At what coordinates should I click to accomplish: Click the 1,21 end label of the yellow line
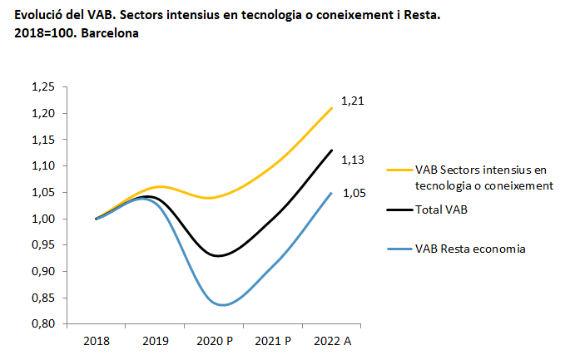coord(354,101)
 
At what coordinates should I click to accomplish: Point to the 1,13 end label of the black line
coord(354,160)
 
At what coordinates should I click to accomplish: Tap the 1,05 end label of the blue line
coord(354,193)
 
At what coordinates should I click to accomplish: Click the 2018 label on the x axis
coord(97,341)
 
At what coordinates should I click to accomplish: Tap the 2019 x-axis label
coord(156,341)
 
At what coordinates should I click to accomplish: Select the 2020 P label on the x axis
coord(215,341)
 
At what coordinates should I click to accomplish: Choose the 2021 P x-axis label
coord(273,341)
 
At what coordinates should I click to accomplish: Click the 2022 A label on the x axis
coord(332,341)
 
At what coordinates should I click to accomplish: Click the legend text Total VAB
coord(441,210)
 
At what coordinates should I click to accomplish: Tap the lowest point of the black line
coord(218,256)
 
